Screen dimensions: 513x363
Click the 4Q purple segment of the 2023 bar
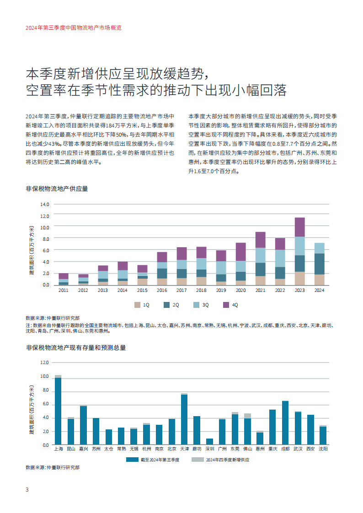pyautogui.click(x=299, y=227)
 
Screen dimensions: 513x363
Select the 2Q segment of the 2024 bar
pyautogui.click(x=320, y=264)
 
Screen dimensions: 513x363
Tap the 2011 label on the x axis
pyautogui.click(x=63, y=290)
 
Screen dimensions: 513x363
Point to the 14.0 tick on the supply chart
pyautogui.click(x=44, y=204)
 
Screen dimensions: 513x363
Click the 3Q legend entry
pyautogui.click(x=202, y=305)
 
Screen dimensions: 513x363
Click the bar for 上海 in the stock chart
pyautogui.click(x=58, y=411)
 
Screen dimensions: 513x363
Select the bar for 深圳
pyautogui.click(x=209, y=441)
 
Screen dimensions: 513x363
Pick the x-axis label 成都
pyautogui.click(x=285, y=450)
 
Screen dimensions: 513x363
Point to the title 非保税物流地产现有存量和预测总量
pyautogui.click(x=76, y=348)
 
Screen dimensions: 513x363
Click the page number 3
pyautogui.click(x=27, y=490)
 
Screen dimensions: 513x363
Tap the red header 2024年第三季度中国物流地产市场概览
pyautogui.click(x=74, y=27)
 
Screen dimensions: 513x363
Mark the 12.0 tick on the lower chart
pyautogui.click(x=44, y=362)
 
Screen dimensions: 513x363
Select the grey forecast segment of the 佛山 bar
pyautogui.click(x=247, y=416)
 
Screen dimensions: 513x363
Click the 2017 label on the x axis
pyautogui.click(x=181, y=290)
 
